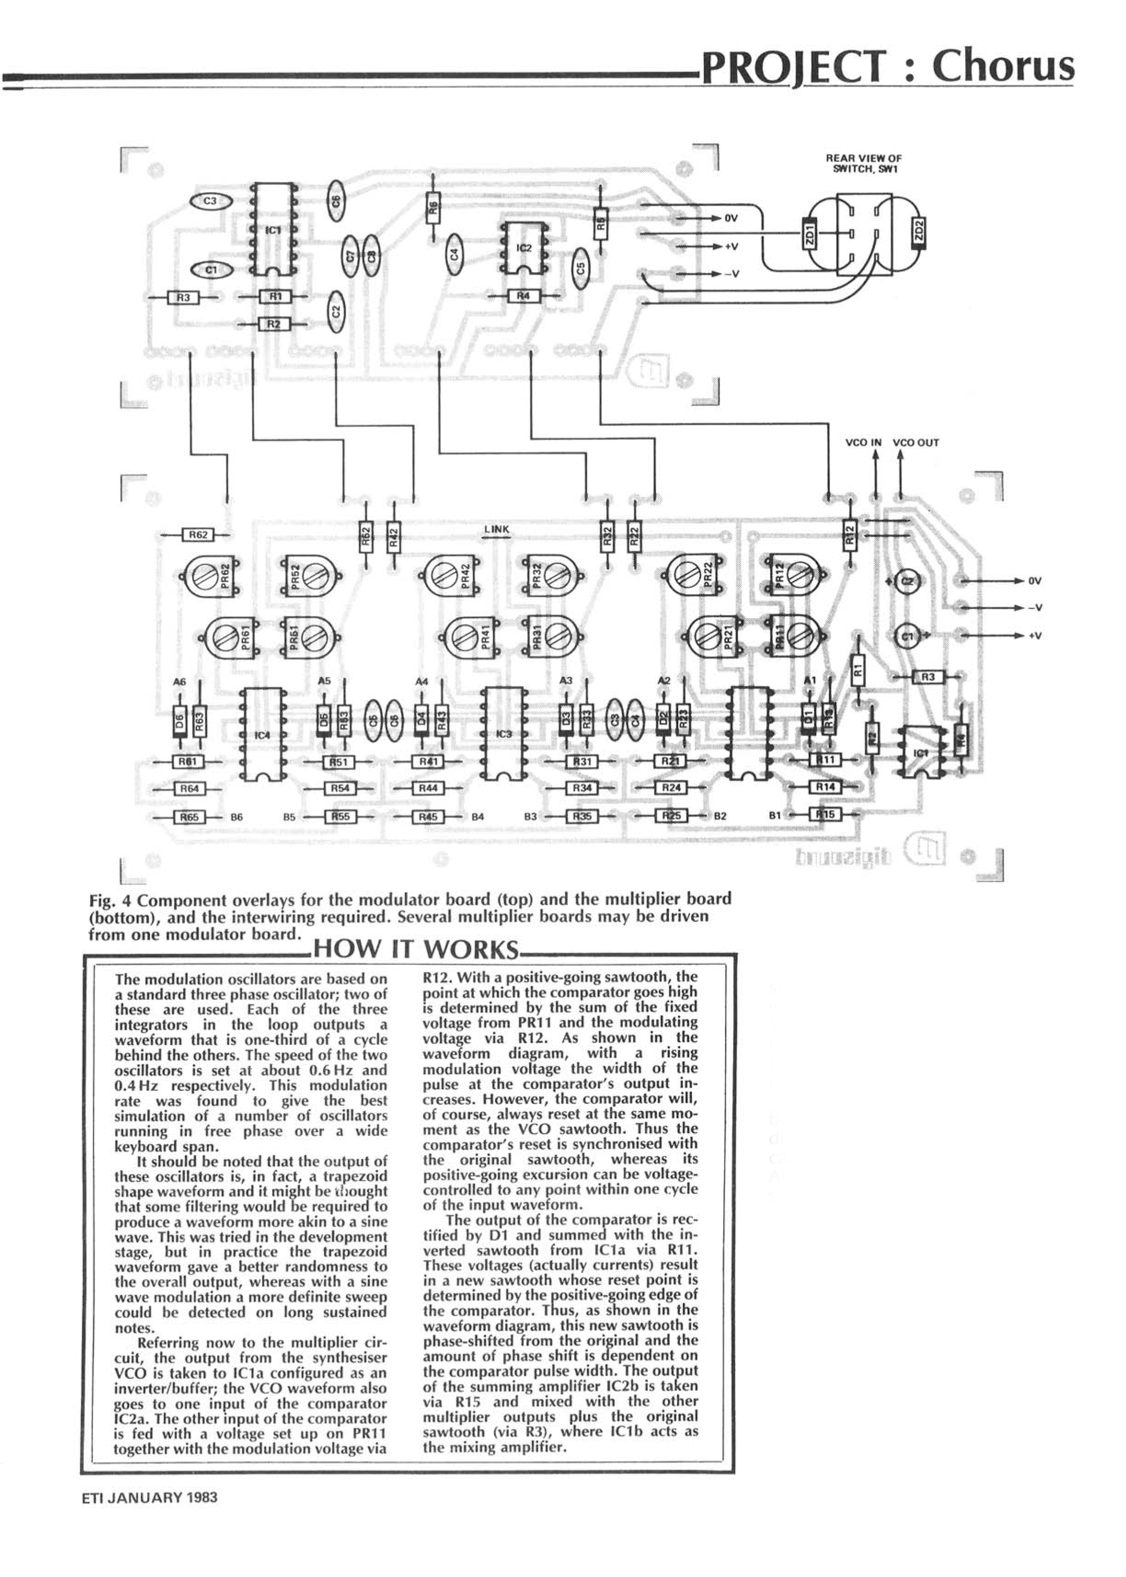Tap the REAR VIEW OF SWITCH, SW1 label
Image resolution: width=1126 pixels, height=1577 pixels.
coord(863,164)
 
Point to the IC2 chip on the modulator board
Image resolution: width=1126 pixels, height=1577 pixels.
coord(524,248)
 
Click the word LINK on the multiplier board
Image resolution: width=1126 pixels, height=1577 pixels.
coord(497,529)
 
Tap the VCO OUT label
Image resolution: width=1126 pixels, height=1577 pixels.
coord(915,443)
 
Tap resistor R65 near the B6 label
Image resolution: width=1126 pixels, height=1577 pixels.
coord(189,817)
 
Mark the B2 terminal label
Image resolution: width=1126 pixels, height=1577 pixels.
coord(720,817)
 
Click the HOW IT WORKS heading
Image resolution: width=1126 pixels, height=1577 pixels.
coord(416,950)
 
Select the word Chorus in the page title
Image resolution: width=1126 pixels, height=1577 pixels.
coord(1003,67)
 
